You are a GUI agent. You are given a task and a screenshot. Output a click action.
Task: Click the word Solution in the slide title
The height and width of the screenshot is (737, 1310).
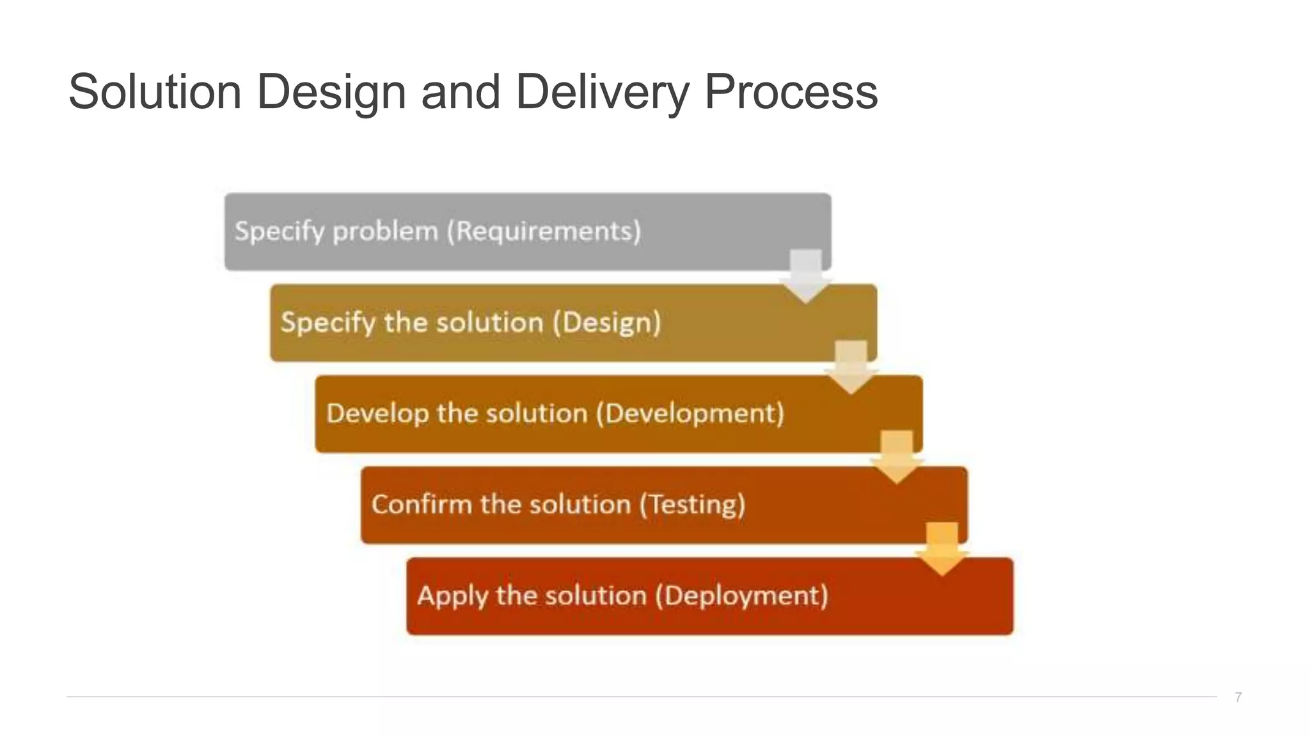(x=155, y=91)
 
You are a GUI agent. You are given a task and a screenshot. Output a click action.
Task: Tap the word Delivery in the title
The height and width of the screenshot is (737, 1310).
(x=602, y=91)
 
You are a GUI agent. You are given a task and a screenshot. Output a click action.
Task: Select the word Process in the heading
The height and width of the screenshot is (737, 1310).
(x=791, y=91)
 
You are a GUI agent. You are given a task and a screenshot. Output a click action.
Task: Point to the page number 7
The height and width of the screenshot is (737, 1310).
(x=1238, y=697)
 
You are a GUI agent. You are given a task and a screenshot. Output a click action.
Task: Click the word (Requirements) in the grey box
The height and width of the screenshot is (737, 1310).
(x=544, y=231)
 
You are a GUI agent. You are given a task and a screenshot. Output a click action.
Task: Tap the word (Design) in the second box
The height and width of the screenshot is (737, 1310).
(x=606, y=322)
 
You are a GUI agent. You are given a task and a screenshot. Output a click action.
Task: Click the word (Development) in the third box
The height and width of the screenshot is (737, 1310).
(x=690, y=413)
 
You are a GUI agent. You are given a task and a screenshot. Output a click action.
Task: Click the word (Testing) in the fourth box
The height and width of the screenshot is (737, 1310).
(x=693, y=505)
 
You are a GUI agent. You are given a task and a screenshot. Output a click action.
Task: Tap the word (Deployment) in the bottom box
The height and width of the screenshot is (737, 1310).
(x=741, y=596)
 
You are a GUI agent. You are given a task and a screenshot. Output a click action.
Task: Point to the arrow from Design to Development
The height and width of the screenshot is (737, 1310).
(x=851, y=367)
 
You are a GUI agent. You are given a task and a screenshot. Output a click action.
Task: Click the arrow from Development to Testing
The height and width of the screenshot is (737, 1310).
(x=897, y=457)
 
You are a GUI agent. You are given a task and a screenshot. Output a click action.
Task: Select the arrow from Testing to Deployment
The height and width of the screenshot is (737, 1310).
(x=942, y=549)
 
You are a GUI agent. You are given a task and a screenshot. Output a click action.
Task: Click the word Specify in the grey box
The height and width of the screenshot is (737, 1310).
(x=280, y=232)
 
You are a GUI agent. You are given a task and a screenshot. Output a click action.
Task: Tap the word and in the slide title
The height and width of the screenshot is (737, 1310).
(x=461, y=91)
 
